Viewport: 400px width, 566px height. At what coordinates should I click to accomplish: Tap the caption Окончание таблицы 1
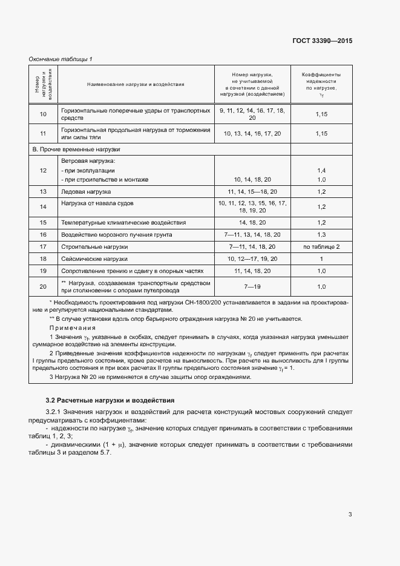point(61,59)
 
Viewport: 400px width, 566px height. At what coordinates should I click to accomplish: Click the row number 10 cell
point(43,114)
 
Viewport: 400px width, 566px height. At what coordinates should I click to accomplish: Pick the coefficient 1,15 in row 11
point(321,133)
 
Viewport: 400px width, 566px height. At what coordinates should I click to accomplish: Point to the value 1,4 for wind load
point(321,171)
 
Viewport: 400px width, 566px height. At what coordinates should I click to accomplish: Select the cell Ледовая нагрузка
point(82,191)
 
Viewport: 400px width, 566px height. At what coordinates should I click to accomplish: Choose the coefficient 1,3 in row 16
point(321,234)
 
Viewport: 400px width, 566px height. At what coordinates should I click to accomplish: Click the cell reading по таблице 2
point(321,246)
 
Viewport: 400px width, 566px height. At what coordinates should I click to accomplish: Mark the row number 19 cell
point(43,271)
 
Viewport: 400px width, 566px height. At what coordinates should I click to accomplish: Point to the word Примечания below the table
point(68,327)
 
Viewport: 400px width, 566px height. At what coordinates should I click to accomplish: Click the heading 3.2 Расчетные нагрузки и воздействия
point(110,400)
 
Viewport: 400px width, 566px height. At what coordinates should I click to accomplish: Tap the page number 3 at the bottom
point(350,515)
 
